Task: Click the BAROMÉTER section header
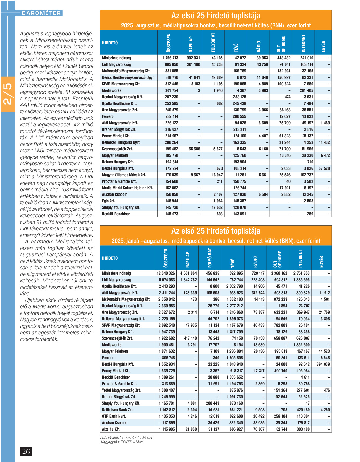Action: point(41,13)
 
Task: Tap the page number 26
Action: point(26,451)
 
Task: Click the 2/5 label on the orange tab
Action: point(7,94)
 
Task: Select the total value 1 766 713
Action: point(170,58)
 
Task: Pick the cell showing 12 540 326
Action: point(166,273)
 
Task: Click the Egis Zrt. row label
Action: point(108,201)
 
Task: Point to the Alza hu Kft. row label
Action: point(111,429)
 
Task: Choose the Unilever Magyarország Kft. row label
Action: point(123,319)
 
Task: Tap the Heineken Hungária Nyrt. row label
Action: point(121,142)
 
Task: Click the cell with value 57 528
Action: point(324,168)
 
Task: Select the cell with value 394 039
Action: point(323,364)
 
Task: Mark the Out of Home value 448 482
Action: point(284,58)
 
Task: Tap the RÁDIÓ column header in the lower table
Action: point(255,262)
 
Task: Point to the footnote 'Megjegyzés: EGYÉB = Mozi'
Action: point(122,442)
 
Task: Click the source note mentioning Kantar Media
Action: point(126,437)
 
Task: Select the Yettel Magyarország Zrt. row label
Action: point(121,390)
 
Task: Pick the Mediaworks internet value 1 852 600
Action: point(301,345)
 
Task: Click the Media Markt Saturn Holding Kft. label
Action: point(127,188)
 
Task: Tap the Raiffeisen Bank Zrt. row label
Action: point(118,410)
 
